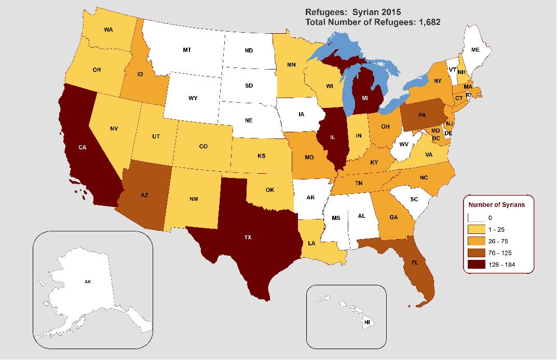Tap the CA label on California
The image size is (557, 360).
(x=83, y=147)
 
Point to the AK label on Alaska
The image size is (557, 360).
(x=87, y=282)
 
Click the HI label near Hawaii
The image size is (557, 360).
(x=367, y=322)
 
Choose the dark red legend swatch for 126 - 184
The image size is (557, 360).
(x=473, y=265)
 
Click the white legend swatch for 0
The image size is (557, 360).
(x=473, y=218)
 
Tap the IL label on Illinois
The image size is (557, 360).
(x=332, y=137)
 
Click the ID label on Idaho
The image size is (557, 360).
(x=140, y=75)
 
